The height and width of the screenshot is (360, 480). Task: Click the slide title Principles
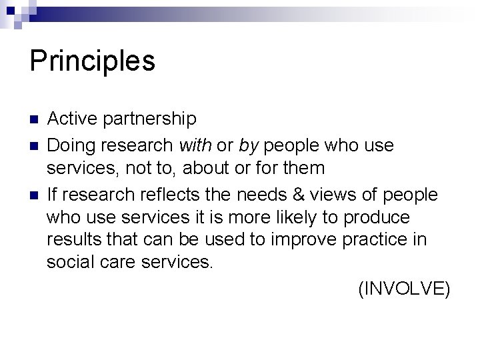[x=93, y=61]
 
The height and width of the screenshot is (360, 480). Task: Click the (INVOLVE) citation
[x=405, y=289]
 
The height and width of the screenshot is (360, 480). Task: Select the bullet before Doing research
[x=34, y=145]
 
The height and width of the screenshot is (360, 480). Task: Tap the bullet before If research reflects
[x=34, y=195]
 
